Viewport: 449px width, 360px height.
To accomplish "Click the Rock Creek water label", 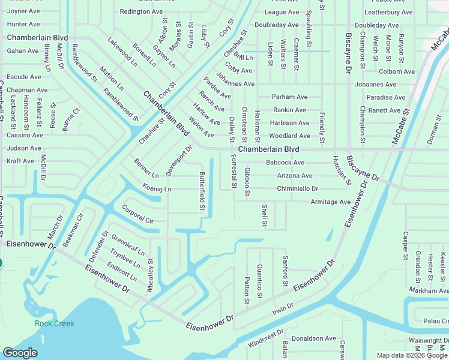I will (x=54, y=323).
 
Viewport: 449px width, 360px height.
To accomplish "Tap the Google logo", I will (x=20, y=353).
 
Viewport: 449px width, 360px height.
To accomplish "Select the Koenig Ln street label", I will (x=157, y=189).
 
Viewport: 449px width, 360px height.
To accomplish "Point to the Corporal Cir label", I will (x=137, y=213).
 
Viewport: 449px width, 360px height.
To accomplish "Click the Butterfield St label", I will (x=202, y=191).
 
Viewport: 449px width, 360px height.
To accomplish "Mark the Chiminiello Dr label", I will (x=297, y=188).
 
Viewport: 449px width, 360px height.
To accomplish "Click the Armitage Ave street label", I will (x=330, y=202).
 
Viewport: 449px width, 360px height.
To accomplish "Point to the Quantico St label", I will (x=259, y=281).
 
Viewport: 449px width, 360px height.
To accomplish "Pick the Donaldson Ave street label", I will (x=313, y=338).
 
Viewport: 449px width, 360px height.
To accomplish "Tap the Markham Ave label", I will (x=429, y=290).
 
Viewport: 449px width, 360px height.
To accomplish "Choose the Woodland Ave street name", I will (x=289, y=136).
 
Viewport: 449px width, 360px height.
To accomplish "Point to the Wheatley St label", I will (x=151, y=275).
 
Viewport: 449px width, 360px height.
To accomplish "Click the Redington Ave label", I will (x=141, y=11).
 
